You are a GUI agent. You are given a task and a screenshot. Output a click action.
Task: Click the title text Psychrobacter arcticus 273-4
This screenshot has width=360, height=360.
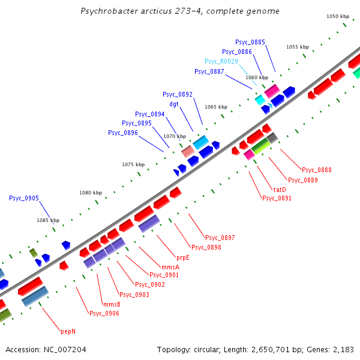tap(179, 11)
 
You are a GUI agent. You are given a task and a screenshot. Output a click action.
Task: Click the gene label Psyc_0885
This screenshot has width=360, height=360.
tap(250, 42)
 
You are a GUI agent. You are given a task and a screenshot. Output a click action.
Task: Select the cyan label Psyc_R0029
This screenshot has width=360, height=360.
tap(221, 61)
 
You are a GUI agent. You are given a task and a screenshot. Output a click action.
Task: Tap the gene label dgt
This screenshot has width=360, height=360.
tap(174, 104)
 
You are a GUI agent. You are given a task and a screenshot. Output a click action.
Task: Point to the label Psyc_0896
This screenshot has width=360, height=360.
tap(123, 133)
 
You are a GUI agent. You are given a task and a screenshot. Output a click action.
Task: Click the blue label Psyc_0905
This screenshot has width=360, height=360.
tap(24, 198)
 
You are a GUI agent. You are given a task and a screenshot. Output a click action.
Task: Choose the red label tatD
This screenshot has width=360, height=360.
tap(280, 190)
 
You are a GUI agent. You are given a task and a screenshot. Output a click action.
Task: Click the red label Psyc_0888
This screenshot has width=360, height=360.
tap(317, 170)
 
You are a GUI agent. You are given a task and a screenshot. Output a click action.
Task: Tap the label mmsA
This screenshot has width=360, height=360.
tap(170, 266)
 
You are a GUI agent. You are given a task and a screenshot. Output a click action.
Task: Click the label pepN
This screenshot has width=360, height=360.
tap(68, 331)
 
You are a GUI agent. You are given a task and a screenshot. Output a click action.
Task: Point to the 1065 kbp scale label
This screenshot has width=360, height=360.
tap(216, 107)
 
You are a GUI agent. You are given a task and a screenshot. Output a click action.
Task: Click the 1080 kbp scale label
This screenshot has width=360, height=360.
tap(91, 193)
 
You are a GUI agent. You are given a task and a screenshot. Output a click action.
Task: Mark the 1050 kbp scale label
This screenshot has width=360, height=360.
tap(338, 17)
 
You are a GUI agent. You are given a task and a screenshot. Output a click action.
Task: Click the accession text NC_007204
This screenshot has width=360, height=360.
tap(46, 349)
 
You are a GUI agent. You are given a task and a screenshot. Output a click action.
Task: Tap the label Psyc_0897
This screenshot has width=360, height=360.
tap(220, 238)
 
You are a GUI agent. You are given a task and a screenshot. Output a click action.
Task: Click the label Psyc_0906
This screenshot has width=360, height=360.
tap(104, 313)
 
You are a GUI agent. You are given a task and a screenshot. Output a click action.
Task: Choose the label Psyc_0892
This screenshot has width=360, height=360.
tap(178, 94)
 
